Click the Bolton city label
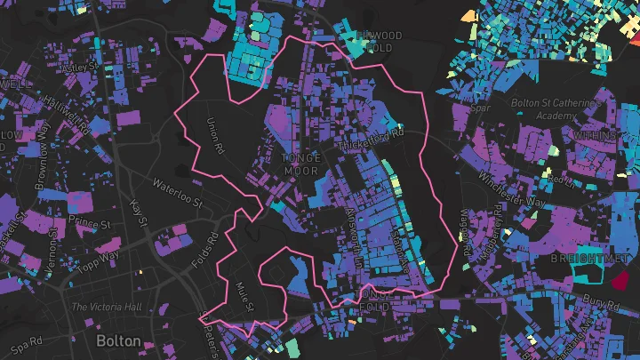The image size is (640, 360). (117, 341)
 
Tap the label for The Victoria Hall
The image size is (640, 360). (106, 308)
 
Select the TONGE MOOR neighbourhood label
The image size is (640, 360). (300, 164)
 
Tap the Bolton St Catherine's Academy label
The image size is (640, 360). (556, 109)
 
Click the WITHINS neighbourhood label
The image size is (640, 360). (596, 135)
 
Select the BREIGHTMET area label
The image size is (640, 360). (584, 257)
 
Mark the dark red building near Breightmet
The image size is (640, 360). (620, 281)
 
